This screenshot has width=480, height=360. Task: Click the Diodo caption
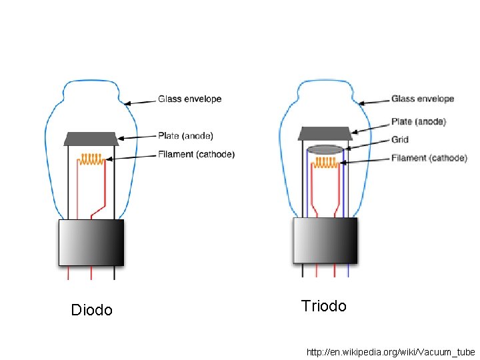[x=92, y=310]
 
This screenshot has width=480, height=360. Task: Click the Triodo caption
[x=324, y=306]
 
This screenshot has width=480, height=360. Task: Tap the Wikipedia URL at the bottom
[x=390, y=351]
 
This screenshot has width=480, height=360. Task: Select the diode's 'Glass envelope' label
[x=189, y=99]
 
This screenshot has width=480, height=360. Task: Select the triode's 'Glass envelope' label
[x=423, y=99]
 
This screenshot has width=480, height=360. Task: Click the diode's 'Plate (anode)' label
[x=185, y=136]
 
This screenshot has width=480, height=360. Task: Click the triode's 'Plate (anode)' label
[x=419, y=122]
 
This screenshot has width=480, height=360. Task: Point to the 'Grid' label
[x=400, y=140]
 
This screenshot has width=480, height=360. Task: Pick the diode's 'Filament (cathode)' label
[x=196, y=155]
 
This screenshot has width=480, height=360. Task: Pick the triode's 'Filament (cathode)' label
[x=429, y=158]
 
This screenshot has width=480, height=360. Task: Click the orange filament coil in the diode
[x=91, y=159]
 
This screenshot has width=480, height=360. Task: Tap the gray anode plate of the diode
[x=91, y=139]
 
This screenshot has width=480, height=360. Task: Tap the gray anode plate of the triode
[x=325, y=133]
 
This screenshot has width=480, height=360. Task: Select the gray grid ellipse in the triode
[x=326, y=149]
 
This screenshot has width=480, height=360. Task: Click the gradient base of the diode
[x=91, y=243]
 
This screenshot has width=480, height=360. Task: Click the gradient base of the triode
[x=325, y=240]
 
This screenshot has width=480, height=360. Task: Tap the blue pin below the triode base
[x=349, y=270]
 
